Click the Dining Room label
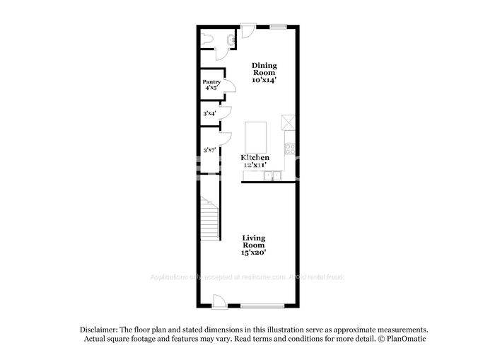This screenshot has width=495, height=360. [x=264, y=70]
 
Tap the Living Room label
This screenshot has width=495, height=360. [x=254, y=241]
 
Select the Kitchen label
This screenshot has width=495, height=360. [x=255, y=157]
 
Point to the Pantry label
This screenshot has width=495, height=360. [x=211, y=82]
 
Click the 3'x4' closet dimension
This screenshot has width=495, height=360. [x=210, y=113]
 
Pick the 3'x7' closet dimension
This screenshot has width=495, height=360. [x=209, y=150]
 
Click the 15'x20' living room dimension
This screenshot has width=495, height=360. [x=255, y=252]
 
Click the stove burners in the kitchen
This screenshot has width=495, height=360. [x=289, y=147]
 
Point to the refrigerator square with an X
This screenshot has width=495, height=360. [x=287, y=122]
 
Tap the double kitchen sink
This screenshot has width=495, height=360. [x=273, y=176]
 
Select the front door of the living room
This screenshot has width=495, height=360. [x=220, y=300]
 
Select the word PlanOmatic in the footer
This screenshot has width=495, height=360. [x=406, y=339]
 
